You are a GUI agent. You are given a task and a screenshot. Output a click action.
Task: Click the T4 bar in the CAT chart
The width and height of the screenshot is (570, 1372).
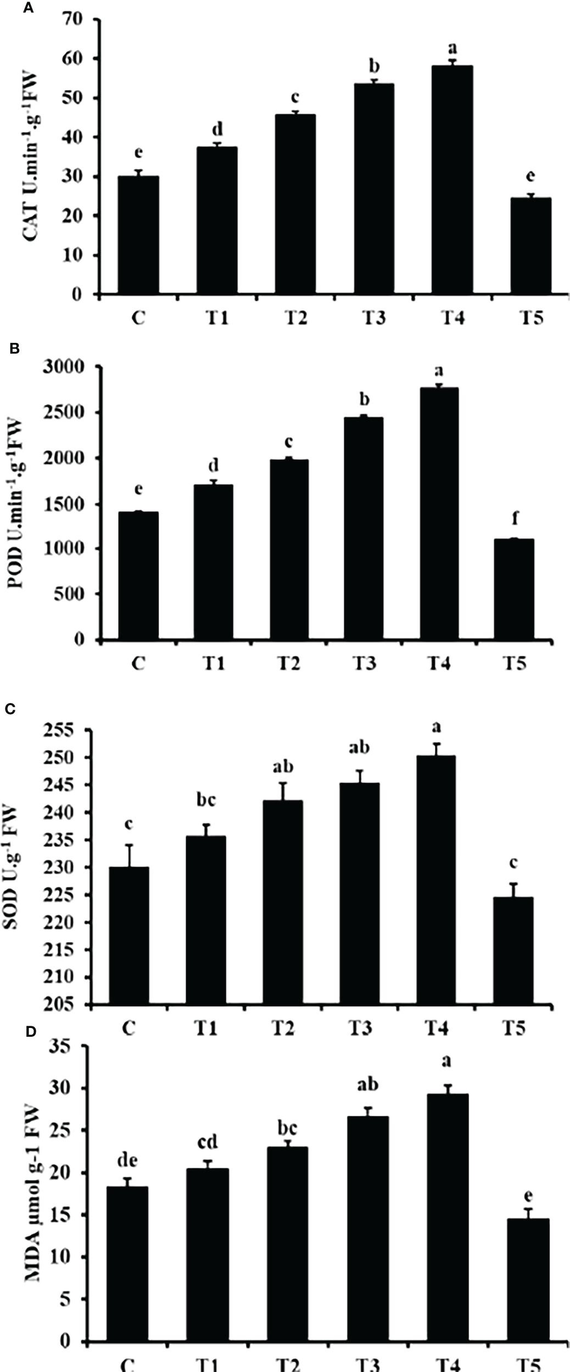pyautogui.click(x=453, y=181)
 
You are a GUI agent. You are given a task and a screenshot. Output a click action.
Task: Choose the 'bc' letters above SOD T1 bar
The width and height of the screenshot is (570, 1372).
pyautogui.click(x=206, y=801)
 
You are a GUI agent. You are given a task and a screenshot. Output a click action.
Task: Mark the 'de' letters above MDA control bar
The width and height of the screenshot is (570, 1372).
pyautogui.click(x=127, y=1161)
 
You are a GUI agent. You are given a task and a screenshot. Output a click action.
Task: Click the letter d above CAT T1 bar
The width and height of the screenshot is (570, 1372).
pyautogui.click(x=218, y=130)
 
